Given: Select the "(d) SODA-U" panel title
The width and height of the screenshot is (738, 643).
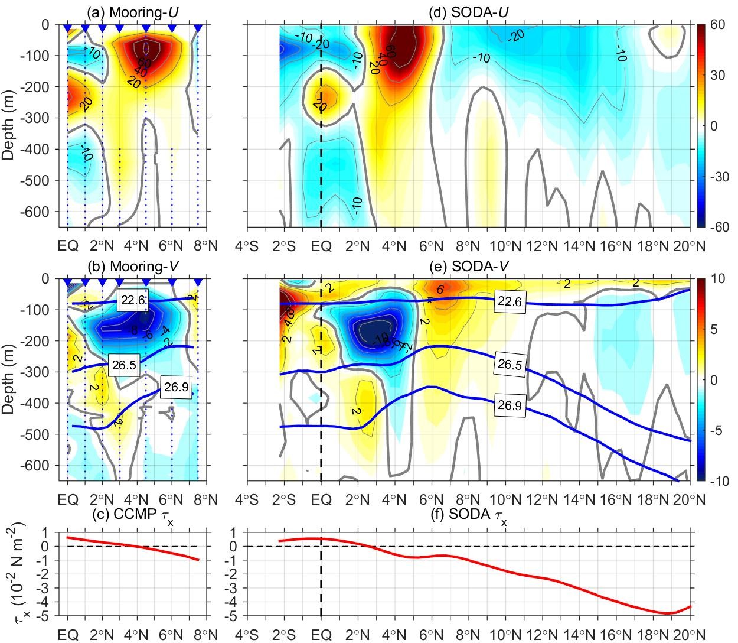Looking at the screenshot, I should pos(468,12).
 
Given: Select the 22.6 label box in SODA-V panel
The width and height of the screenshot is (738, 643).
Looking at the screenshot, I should pos(510,301).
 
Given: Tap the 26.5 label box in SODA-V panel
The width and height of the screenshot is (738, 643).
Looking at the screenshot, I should pos(510,365).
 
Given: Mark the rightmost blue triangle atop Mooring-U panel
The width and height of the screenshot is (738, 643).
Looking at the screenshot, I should pos(198,28).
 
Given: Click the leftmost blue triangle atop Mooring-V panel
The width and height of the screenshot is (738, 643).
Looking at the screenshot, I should pos(67,282).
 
